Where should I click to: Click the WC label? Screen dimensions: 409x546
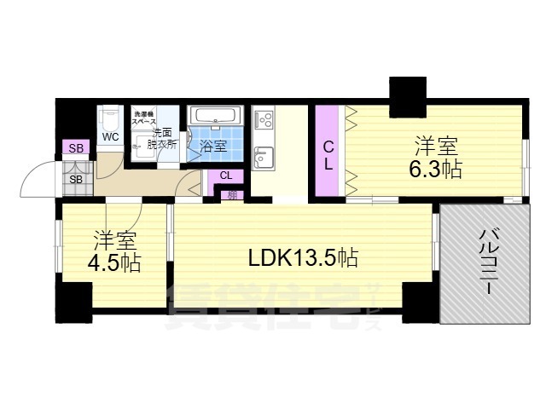tap(111, 137)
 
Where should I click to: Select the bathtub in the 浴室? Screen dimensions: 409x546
tap(213, 117)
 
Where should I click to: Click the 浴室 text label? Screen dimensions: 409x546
tap(213, 146)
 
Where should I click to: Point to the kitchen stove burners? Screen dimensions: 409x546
tap(263, 118)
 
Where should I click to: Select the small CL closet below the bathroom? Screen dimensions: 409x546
tap(225, 176)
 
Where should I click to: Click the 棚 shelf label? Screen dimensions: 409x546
tap(232, 195)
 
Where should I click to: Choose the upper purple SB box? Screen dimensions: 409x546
tap(76, 148)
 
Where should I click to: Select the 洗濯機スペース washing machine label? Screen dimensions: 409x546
tap(144, 118)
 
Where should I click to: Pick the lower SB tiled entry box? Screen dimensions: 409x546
tap(76, 179)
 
